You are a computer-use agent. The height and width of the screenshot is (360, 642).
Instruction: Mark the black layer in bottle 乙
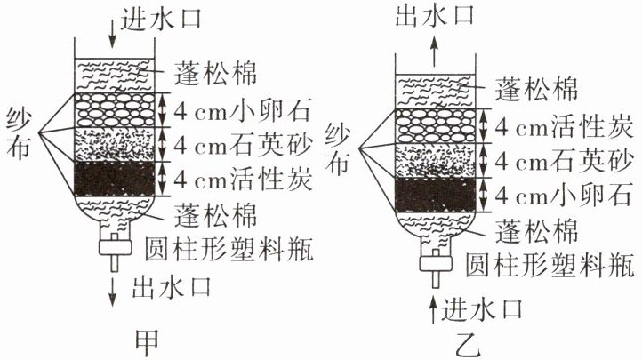point(438,195)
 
